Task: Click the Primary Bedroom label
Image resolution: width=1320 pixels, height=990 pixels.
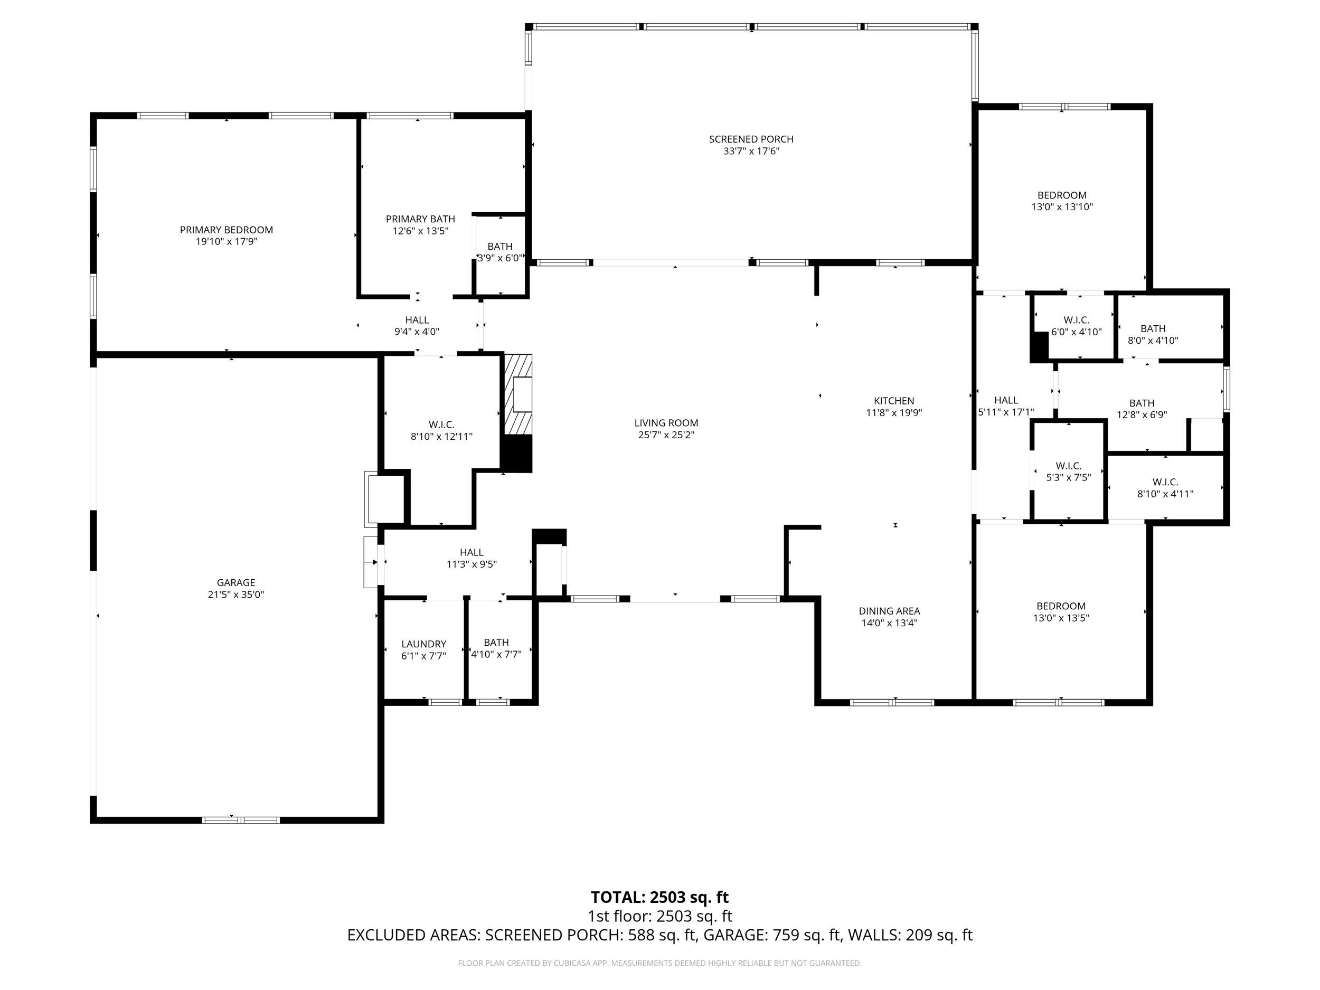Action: pos(226,230)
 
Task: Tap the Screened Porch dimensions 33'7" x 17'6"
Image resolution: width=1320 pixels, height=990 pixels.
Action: pos(751,152)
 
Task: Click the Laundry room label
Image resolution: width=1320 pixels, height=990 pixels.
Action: pos(423,644)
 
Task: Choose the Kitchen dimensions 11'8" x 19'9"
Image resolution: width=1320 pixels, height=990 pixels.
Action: pos(893,413)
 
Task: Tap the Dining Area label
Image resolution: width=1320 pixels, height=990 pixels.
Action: pos(889,611)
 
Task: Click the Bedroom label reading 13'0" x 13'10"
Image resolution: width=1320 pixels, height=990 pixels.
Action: pos(1062,195)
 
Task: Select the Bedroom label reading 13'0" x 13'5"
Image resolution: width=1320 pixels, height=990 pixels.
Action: pos(1060,606)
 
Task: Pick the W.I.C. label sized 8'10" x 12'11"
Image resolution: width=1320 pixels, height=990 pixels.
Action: pos(441,425)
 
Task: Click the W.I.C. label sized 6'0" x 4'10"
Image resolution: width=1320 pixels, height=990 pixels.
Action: pos(1076,320)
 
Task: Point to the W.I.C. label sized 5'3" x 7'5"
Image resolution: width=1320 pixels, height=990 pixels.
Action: pos(1068,466)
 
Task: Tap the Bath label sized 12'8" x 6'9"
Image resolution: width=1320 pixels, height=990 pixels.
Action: pos(1142,403)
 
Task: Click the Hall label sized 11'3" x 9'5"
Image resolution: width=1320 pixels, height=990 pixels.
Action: pos(472,553)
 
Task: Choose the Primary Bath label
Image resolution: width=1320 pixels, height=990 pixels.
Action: pos(420,219)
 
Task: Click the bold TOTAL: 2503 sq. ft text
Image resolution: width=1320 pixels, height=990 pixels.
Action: pos(659,898)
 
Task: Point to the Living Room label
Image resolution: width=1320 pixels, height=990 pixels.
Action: pos(666,423)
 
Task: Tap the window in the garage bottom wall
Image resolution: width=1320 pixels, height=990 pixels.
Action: pos(241,820)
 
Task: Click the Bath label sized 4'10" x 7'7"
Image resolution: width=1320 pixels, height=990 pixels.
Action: pos(496,642)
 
